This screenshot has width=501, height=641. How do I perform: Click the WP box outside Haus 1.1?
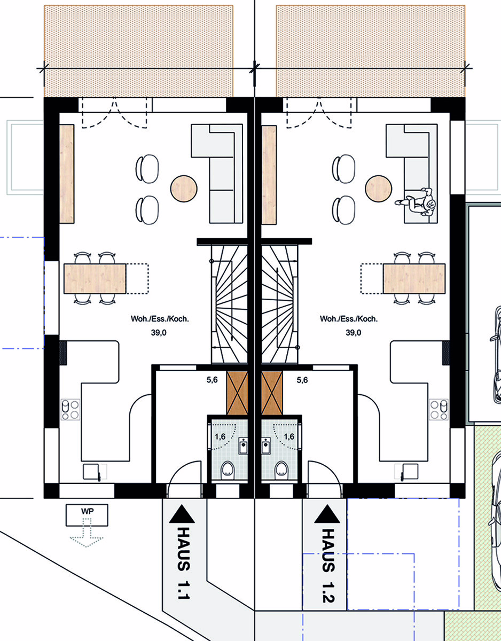click(x=87, y=515)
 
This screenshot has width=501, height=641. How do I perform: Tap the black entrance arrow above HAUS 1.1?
click(x=182, y=514)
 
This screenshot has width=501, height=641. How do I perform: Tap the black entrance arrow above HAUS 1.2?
click(x=327, y=514)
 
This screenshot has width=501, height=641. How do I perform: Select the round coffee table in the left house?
click(x=184, y=189)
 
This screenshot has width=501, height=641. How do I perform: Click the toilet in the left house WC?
click(x=228, y=469)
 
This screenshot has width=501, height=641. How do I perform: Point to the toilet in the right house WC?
click(x=281, y=469)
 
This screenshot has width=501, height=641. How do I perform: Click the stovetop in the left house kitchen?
click(x=70, y=409)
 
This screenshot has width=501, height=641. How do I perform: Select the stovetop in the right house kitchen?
click(x=439, y=409)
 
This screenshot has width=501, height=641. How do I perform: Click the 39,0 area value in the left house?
click(x=159, y=333)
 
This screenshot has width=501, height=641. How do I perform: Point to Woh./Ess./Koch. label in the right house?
click(x=349, y=319)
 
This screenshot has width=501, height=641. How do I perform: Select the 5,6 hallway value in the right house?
click(x=302, y=380)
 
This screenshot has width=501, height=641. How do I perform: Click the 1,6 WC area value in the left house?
click(x=220, y=436)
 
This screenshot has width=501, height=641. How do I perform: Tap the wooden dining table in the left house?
click(x=95, y=279)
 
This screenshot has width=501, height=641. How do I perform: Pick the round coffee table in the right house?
click(x=378, y=189)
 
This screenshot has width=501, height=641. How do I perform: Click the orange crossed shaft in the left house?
click(x=237, y=393)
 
